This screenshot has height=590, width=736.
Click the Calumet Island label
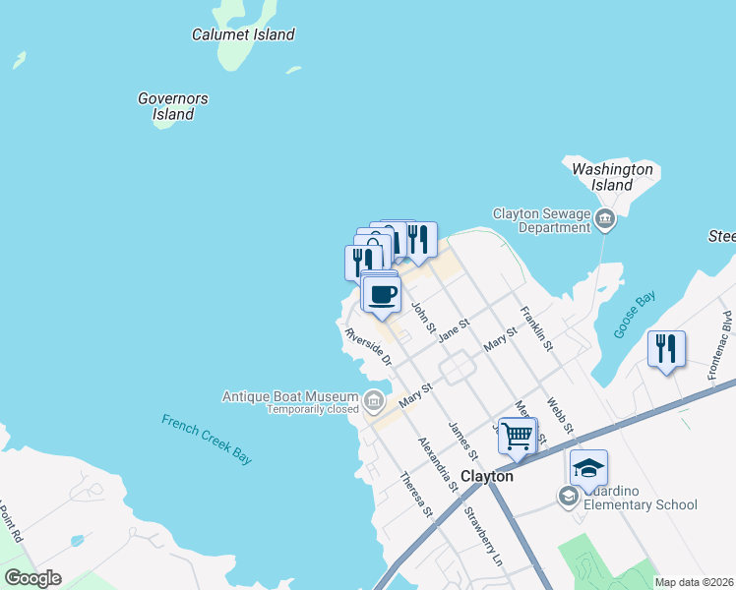point(243,34)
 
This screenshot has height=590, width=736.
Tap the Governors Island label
point(173,106)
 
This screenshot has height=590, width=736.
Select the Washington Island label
point(612,177)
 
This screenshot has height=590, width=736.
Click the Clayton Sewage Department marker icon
point(605,220)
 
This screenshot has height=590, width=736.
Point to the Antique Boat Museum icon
point(374,400)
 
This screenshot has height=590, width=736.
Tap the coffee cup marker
point(382,294)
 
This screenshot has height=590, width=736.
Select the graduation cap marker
point(587,467)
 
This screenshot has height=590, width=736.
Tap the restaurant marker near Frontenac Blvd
point(666,348)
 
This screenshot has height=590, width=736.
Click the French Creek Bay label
point(207,438)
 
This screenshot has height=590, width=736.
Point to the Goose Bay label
point(635,316)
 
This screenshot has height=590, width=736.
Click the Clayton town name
point(487,476)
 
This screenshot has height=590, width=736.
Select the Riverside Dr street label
point(369,348)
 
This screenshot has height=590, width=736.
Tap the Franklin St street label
point(536,329)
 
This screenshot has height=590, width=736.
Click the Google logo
point(32,577)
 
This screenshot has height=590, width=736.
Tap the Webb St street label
point(560,413)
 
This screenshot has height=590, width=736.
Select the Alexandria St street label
point(439,464)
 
